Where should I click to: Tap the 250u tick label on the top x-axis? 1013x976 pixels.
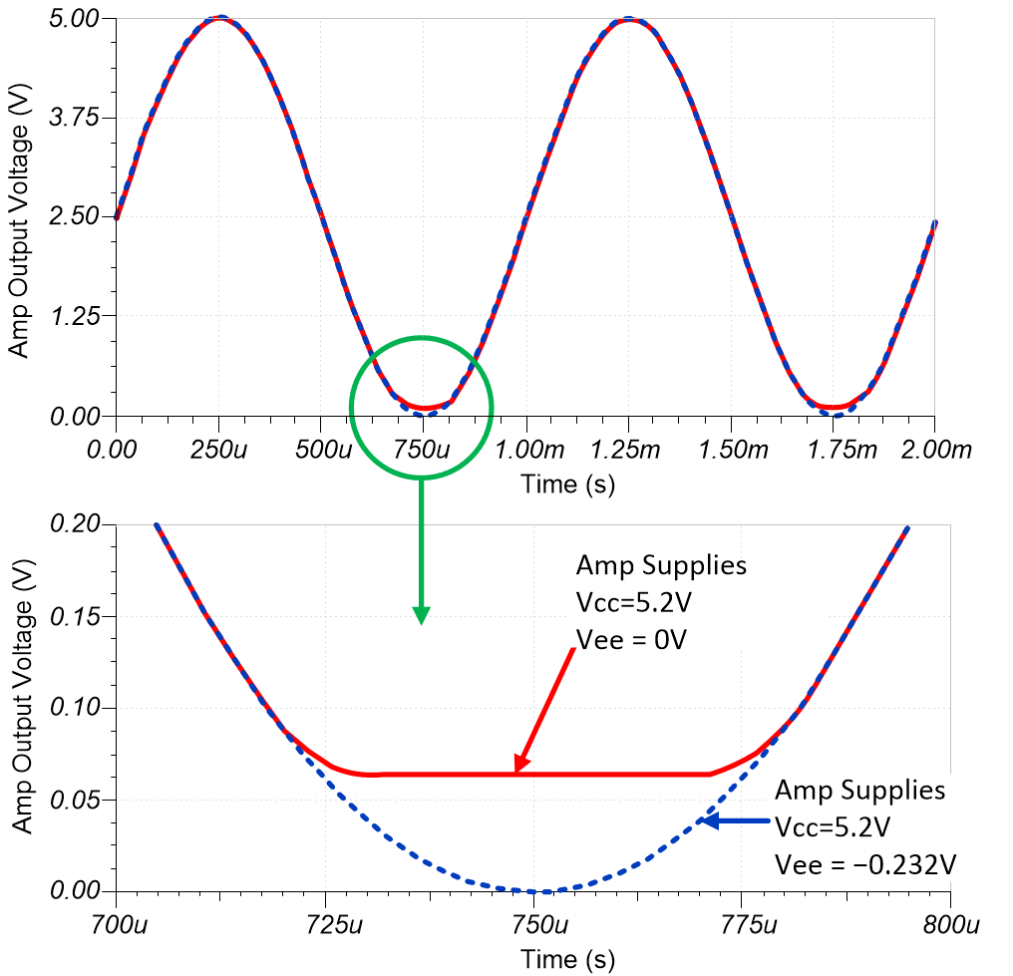point(219,449)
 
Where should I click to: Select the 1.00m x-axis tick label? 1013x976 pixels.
point(524,449)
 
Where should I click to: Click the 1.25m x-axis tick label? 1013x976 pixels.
point(627,449)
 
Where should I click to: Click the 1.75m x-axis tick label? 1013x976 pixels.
point(832,449)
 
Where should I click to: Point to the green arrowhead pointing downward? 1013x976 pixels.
point(421,614)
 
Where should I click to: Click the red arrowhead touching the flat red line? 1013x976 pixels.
point(519,766)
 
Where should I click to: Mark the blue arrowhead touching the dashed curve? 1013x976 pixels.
point(705,821)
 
